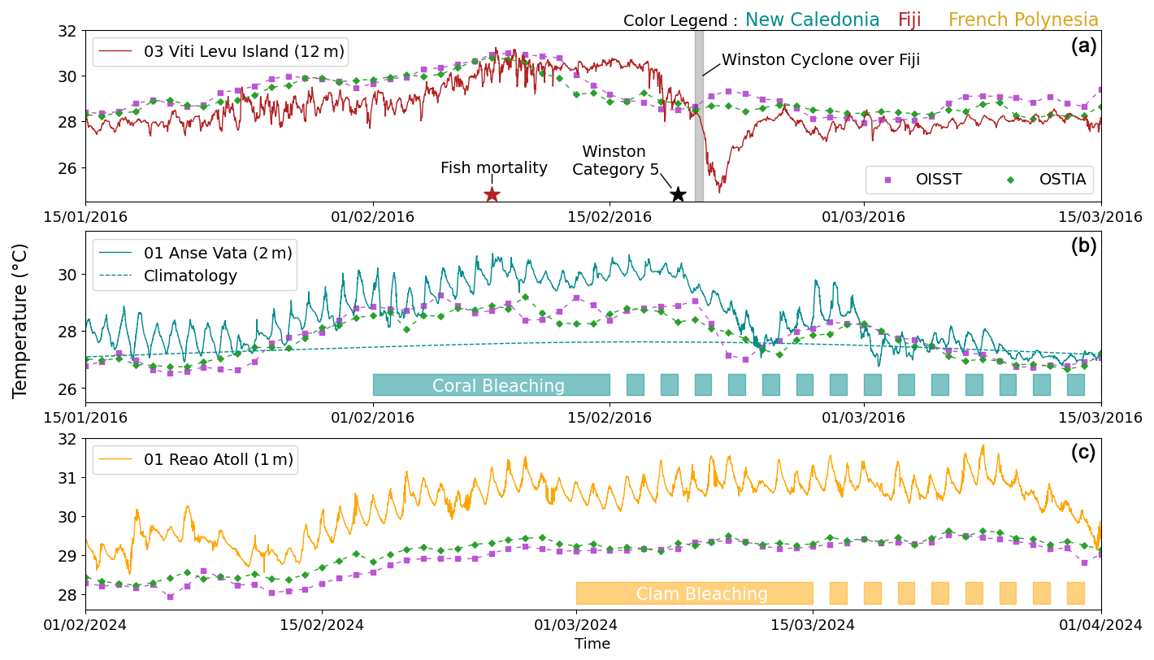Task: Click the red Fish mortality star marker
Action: click(492, 194)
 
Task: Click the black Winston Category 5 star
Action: click(678, 194)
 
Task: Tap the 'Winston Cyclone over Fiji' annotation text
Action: click(821, 59)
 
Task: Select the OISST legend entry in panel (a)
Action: click(927, 180)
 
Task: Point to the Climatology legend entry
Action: click(190, 276)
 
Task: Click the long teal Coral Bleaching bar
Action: click(492, 385)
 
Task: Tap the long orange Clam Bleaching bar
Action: click(694, 593)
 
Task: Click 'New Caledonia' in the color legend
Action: click(812, 20)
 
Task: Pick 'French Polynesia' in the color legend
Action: click(1023, 20)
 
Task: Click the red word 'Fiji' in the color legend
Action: click(909, 20)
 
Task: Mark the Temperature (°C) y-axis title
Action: click(20, 320)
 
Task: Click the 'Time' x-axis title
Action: click(592, 644)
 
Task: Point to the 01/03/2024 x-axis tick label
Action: click(576, 626)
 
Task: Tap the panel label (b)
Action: click(1083, 245)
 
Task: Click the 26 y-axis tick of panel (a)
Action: click(69, 168)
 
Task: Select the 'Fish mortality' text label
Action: click(494, 168)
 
